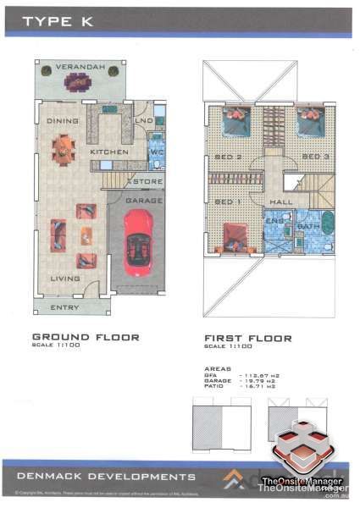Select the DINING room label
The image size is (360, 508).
click(x=64, y=121)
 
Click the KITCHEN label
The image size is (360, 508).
click(x=109, y=152)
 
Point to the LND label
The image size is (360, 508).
click(x=143, y=121)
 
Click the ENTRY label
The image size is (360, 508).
click(x=64, y=307)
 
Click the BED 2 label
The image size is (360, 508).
click(x=228, y=157)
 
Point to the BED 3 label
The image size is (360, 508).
click(x=315, y=157)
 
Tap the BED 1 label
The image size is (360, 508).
click(x=227, y=202)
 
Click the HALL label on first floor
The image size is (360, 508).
click(x=280, y=202)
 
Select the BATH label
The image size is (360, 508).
click(x=307, y=225)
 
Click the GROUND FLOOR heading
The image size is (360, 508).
click(x=86, y=337)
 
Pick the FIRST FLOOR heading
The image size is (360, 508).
click(x=247, y=339)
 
